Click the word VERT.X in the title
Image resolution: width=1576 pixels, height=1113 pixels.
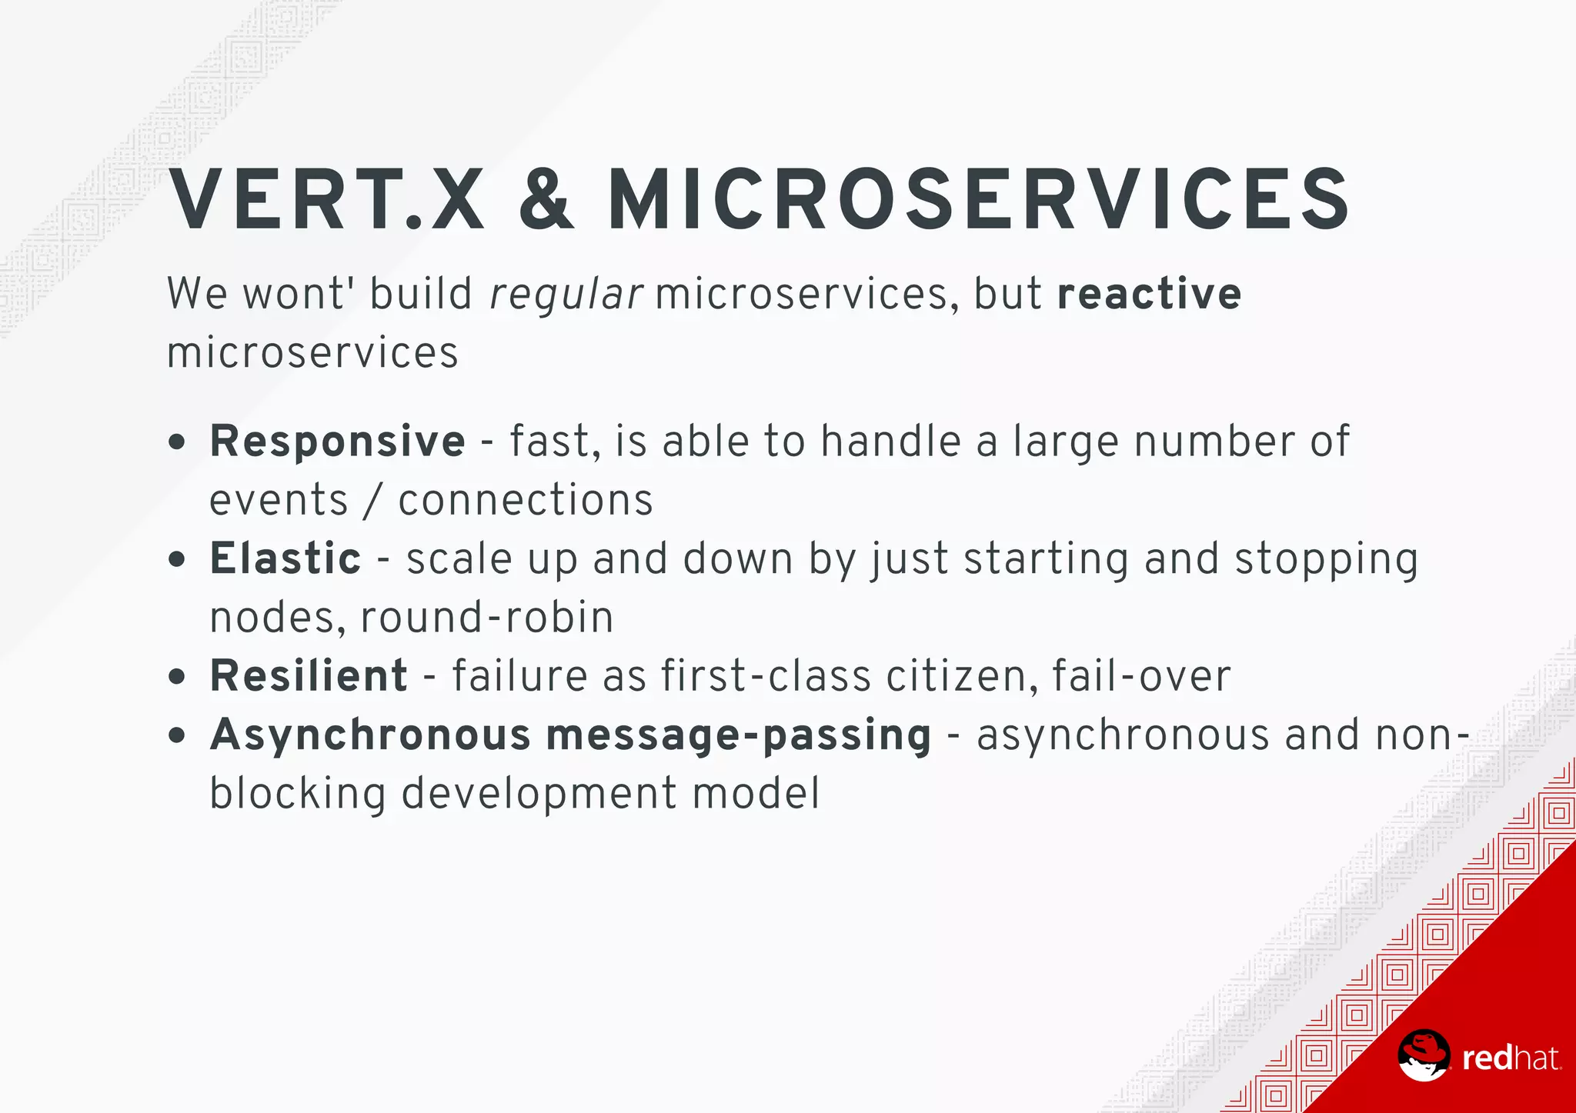326,201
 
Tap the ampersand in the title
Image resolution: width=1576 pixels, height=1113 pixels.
546,201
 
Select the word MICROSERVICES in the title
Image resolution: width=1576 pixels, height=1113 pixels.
979,201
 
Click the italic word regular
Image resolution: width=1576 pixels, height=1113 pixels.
566,295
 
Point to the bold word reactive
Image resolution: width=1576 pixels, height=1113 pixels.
1149,294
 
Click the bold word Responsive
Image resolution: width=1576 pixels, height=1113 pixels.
337,442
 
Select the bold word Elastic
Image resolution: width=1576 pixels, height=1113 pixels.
285,558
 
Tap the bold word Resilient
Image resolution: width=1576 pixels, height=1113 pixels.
309,676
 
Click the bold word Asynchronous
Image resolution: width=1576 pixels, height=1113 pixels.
370,735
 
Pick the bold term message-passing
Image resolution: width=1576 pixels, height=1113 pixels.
739,735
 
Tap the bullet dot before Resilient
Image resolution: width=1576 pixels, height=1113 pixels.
177,677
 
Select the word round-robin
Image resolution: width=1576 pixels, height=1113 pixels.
486,618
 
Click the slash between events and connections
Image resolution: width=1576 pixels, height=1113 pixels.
373,501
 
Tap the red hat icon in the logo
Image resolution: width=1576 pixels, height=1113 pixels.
1424,1056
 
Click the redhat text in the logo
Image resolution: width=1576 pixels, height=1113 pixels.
1511,1058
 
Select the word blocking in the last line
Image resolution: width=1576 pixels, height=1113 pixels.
297,794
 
